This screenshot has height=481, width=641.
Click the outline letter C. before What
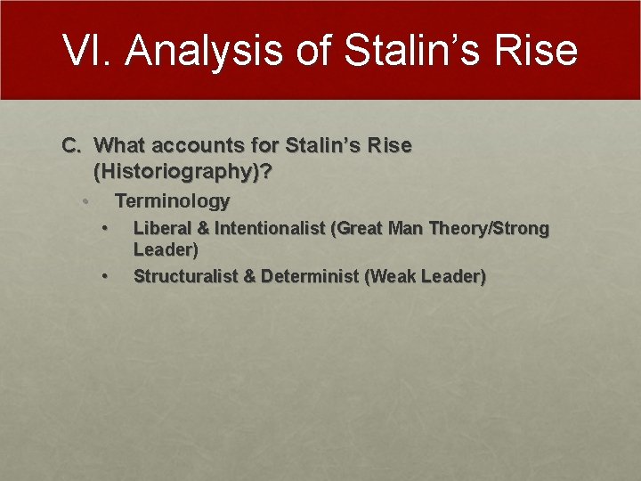pos(71,145)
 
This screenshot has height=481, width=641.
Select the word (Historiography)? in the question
pos(183,171)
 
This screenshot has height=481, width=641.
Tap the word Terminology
pos(173,200)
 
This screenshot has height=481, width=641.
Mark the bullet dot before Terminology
pos(85,200)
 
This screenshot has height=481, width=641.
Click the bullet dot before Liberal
pos(105,228)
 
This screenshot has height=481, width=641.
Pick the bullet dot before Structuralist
pos(105,276)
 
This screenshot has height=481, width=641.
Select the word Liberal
pos(160,228)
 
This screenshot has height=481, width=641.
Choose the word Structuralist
pos(184,276)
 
